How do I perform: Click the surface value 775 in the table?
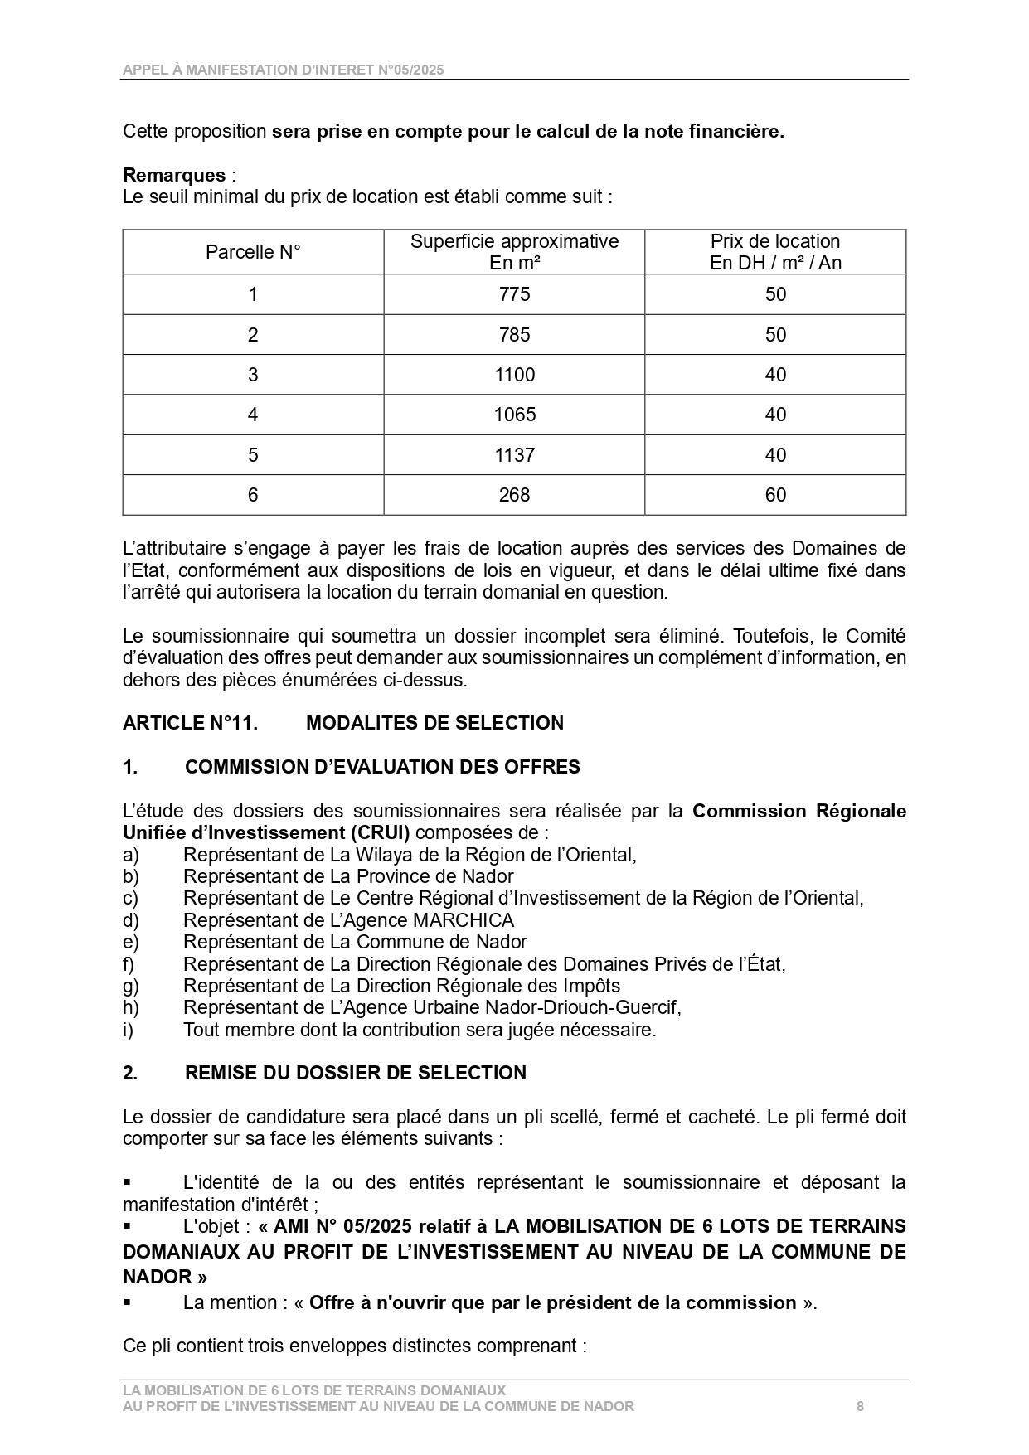click(x=514, y=294)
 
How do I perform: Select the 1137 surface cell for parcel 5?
click(x=514, y=455)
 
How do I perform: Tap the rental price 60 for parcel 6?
click(x=775, y=495)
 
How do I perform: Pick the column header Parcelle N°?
click(x=253, y=252)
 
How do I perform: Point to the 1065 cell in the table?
click(x=514, y=415)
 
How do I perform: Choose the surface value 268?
click(x=514, y=495)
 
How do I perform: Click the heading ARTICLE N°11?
click(x=190, y=723)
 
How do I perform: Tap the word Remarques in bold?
click(x=174, y=175)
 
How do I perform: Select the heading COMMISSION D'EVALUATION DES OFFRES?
click(x=382, y=767)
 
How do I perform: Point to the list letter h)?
click(x=131, y=1007)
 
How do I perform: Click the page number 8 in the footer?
click(x=860, y=1406)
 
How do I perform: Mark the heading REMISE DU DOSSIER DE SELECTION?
click(x=355, y=1073)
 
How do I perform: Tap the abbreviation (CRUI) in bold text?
click(x=378, y=832)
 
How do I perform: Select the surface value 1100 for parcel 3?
click(x=514, y=375)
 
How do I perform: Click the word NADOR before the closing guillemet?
click(x=157, y=1276)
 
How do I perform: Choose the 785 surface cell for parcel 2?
click(x=514, y=335)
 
